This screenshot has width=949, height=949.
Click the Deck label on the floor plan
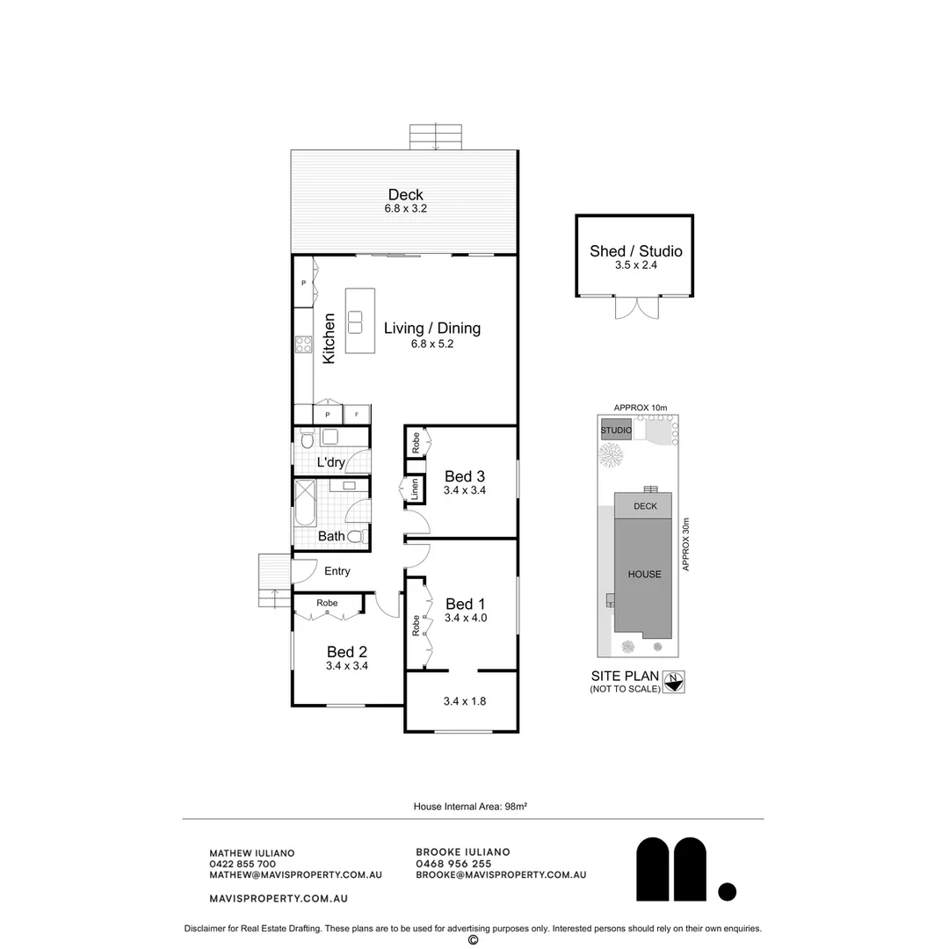405,195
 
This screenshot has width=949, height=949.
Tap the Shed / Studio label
635,251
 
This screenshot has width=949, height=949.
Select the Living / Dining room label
431,329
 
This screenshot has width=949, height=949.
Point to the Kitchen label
329,338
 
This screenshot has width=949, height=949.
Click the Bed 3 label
465,477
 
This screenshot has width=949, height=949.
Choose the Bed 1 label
465,604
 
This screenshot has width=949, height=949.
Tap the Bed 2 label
346,652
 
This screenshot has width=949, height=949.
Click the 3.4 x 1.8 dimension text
465,701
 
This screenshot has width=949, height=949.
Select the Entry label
337,571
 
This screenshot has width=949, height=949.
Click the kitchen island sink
356,322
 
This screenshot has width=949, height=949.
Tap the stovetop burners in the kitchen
303,344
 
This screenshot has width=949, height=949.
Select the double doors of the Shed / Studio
635,307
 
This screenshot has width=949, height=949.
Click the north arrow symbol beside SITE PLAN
674,682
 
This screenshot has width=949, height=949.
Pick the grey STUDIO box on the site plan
616,431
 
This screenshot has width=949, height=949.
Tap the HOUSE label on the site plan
644,574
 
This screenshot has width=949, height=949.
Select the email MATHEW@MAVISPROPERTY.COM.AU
295,875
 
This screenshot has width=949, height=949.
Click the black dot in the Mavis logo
727,892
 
